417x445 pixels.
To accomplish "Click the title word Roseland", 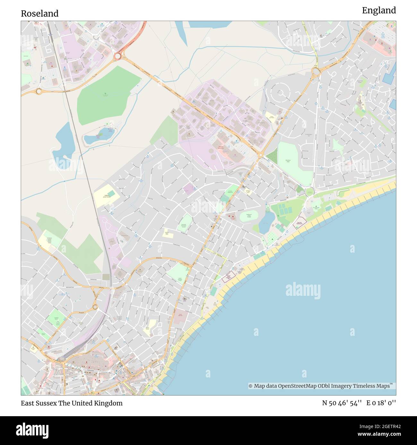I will pos(39,13).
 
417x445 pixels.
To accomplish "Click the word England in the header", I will pos(379,11).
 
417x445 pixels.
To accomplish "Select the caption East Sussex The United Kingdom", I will pos(72,403).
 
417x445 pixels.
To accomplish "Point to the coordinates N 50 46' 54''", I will pos(342,403).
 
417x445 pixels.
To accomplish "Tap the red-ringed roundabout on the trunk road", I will pos(117,56).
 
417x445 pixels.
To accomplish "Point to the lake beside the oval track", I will pos(265,223).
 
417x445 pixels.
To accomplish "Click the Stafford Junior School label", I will pos(107,196).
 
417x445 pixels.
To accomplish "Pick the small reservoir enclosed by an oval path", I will pos(98,138).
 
